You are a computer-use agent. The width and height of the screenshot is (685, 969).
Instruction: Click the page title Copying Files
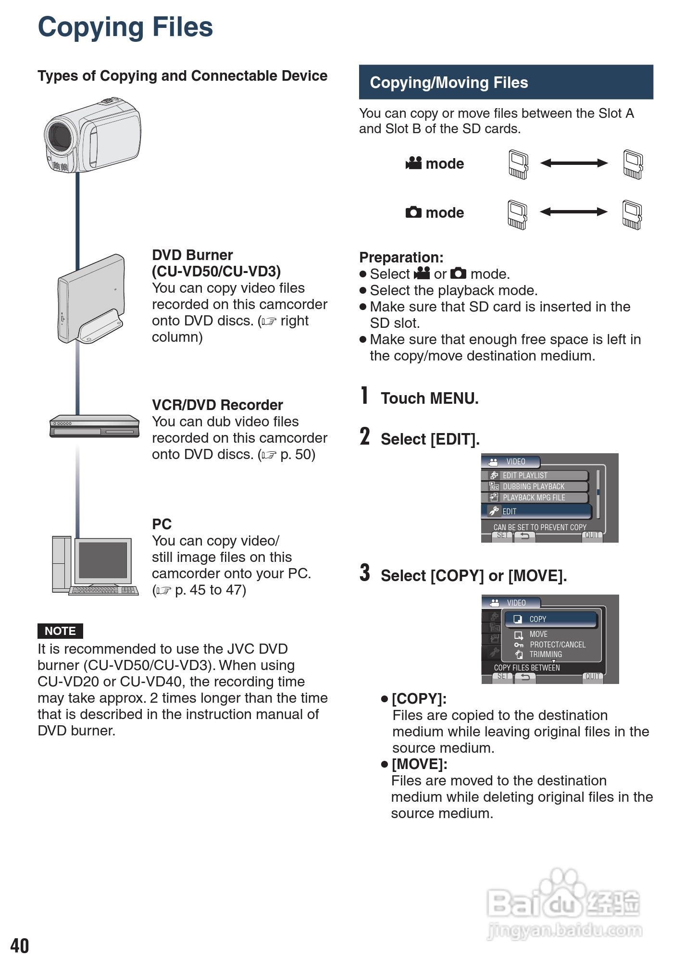point(125,27)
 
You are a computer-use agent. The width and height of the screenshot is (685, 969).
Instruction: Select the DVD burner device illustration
point(91,299)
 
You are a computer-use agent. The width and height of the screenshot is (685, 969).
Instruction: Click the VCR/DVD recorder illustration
point(94,426)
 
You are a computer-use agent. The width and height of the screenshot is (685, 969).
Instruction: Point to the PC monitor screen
point(103,560)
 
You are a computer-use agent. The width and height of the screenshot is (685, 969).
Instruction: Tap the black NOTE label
point(60,631)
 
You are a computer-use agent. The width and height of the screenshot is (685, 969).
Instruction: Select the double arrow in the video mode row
point(574,163)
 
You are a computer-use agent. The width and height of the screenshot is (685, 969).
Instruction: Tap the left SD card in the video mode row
point(518,165)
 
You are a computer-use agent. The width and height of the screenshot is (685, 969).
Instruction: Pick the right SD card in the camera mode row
point(632,215)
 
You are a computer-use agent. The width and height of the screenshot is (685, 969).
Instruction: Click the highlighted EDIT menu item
point(536,511)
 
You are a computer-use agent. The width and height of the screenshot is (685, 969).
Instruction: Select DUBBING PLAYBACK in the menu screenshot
point(534,486)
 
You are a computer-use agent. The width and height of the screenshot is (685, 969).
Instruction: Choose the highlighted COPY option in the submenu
point(550,619)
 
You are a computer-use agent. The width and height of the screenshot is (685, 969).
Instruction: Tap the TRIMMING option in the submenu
point(546,654)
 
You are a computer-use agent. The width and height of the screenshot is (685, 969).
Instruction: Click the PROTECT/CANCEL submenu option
point(557,645)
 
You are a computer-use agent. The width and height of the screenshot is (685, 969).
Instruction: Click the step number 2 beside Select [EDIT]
point(365,437)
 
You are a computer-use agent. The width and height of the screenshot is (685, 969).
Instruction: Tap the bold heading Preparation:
point(401,258)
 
